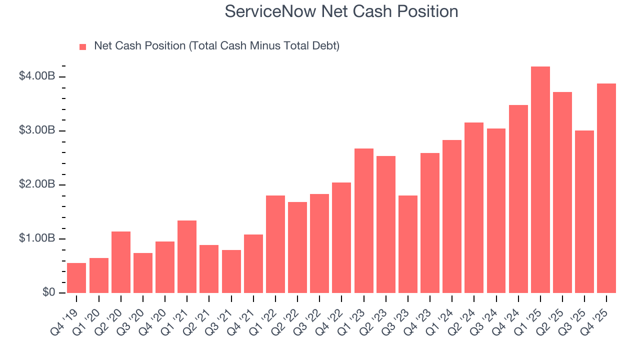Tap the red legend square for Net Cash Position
point(83,46)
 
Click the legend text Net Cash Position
point(216,46)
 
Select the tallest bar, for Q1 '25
point(540,180)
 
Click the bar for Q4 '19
point(76,278)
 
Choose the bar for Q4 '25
point(606,188)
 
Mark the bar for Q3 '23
point(408,244)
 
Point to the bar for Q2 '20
point(121,262)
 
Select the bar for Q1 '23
point(364,220)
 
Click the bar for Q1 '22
point(275,244)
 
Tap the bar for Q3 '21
point(231,271)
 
